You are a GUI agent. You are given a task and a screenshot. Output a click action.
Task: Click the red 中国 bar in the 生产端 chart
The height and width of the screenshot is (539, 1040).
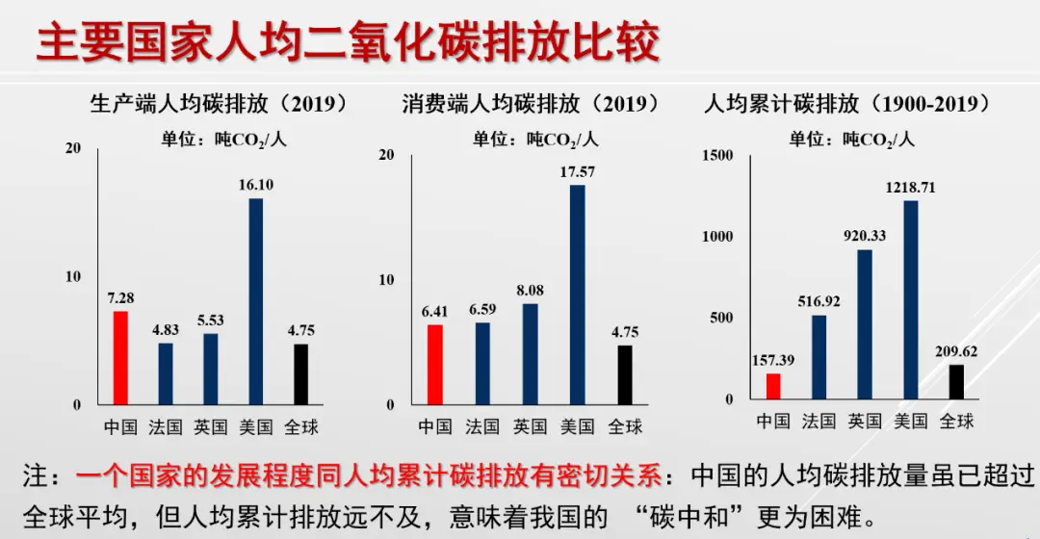[x=120, y=357]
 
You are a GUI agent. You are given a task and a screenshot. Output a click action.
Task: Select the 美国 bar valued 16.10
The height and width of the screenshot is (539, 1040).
[x=256, y=300]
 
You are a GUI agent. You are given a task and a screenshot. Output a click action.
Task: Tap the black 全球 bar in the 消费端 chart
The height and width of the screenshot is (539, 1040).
[x=625, y=374]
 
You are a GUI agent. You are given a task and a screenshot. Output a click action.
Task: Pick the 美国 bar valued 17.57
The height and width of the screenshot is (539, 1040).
[x=577, y=294]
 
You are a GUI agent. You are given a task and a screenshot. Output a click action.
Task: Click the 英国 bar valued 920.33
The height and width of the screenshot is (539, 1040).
[x=865, y=324]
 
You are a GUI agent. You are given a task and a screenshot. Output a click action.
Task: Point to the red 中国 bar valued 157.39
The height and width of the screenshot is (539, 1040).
[x=773, y=386]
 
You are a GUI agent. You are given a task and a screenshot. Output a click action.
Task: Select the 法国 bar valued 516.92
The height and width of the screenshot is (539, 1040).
[x=819, y=357]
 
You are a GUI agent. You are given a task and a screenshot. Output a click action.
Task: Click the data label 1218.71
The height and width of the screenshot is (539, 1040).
[x=910, y=188]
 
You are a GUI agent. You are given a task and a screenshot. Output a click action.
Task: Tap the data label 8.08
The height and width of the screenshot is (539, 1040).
[x=531, y=290]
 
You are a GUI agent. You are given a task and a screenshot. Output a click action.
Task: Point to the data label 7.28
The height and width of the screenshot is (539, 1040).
[x=120, y=297]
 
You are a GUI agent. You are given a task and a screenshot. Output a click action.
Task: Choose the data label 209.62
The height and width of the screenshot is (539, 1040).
[x=955, y=351]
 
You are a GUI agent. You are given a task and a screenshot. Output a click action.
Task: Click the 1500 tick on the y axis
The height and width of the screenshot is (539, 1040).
[x=717, y=155]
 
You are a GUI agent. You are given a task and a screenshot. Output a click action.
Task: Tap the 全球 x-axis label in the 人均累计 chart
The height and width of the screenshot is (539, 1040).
[x=956, y=421]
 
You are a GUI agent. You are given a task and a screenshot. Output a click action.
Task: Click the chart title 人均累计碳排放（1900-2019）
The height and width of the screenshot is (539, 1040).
[x=848, y=103]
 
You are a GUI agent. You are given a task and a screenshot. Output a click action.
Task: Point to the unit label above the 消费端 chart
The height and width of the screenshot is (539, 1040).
[x=535, y=140]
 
